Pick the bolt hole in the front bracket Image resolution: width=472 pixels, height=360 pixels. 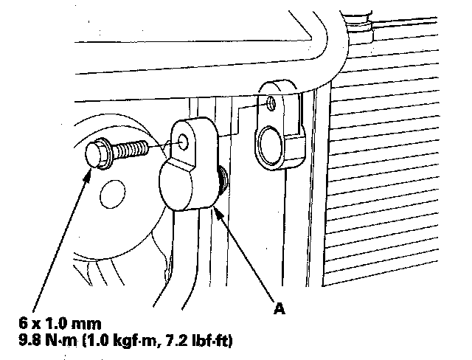pos(184,140)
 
